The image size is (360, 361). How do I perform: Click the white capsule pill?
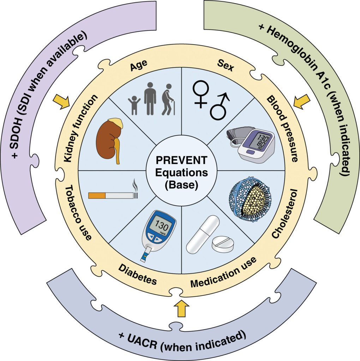pos(203,234)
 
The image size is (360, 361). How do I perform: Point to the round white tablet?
pos(222,244)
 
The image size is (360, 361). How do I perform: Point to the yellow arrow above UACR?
pos(181,308)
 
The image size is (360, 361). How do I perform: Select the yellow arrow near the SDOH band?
pos(60,102)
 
